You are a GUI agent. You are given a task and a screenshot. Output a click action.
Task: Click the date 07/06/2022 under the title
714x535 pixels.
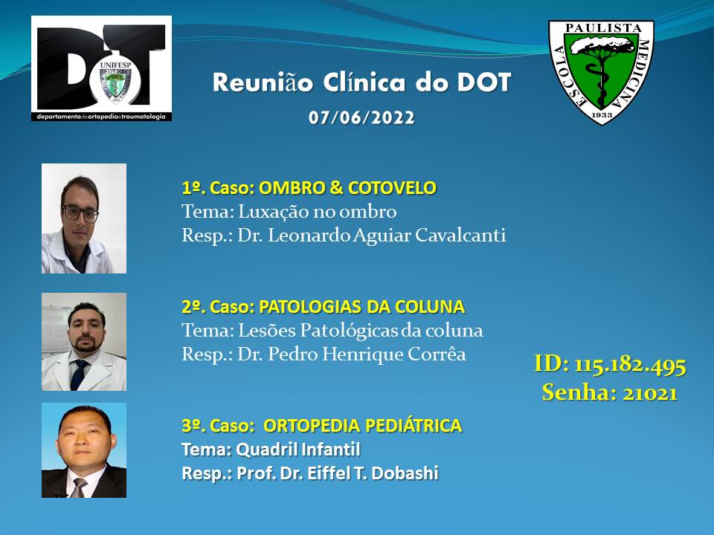(x=361, y=118)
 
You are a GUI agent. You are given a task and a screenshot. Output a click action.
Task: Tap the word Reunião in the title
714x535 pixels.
(x=263, y=82)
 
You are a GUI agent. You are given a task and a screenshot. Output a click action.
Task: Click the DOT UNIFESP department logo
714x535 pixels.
(x=102, y=68)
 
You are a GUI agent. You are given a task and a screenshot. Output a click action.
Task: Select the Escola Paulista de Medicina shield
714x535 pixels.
(x=601, y=72)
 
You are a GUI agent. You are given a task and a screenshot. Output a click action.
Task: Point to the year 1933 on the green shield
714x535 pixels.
(x=602, y=114)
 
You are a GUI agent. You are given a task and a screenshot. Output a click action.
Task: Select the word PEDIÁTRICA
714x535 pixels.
(x=414, y=426)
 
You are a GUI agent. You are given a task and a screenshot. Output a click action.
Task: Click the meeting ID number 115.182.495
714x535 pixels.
(x=630, y=365)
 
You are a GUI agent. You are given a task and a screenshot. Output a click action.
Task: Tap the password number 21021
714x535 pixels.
(x=650, y=393)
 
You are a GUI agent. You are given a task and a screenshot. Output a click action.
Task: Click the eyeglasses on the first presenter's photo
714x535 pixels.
(x=80, y=213)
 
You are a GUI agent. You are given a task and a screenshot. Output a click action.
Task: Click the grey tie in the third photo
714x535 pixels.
(x=80, y=487)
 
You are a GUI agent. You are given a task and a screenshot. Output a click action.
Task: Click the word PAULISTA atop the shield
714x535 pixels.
(x=603, y=27)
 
